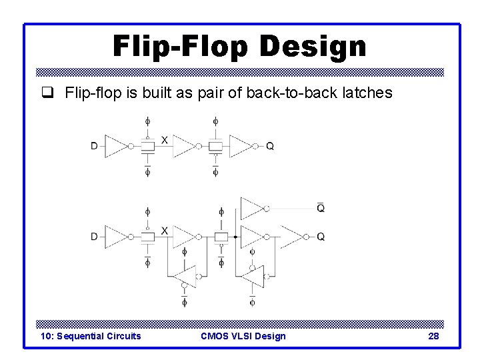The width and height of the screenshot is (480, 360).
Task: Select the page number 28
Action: (433, 336)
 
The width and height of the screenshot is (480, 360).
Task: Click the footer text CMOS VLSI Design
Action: (243, 336)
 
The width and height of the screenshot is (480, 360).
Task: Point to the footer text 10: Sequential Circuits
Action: (91, 336)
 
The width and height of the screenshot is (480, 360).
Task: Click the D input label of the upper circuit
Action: (95, 146)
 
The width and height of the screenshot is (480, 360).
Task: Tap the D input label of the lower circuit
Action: (95, 237)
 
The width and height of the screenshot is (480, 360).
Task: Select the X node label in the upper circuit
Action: (164, 139)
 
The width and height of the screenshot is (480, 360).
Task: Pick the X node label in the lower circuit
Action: (164, 230)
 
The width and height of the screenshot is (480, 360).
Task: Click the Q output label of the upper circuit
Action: (270, 146)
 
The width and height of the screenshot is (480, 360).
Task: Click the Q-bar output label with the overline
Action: (321, 207)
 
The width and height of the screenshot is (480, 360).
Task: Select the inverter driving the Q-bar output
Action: (254, 208)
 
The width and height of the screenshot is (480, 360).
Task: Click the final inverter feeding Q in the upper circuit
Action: (241, 146)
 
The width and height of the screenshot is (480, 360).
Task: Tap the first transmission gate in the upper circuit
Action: (148, 146)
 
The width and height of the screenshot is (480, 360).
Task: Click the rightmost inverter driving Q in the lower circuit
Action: (294, 237)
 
